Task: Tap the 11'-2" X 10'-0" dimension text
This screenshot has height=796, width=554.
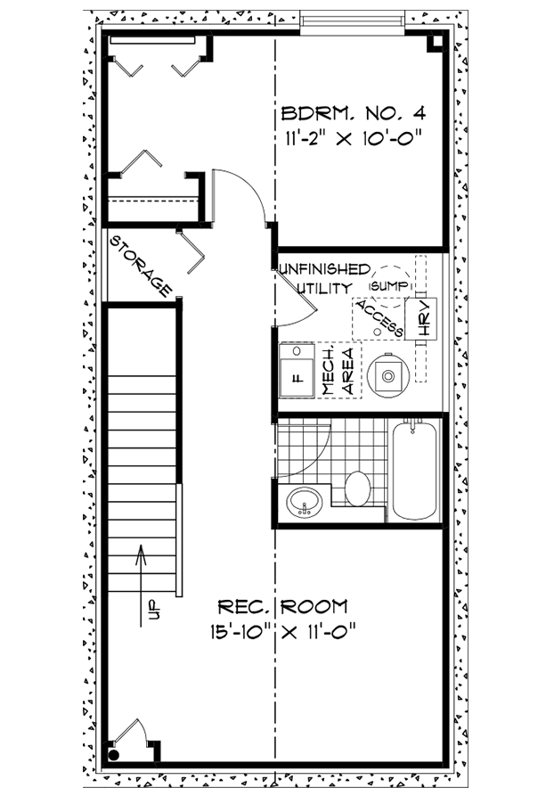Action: [350, 138]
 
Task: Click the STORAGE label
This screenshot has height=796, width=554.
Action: [141, 265]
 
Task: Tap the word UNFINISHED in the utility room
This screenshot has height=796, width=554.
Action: [322, 269]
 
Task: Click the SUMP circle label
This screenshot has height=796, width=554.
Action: [389, 284]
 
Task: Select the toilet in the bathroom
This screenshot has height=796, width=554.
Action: [357, 488]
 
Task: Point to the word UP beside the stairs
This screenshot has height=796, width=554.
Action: [152, 610]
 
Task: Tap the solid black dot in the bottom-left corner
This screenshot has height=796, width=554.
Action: [114, 754]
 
